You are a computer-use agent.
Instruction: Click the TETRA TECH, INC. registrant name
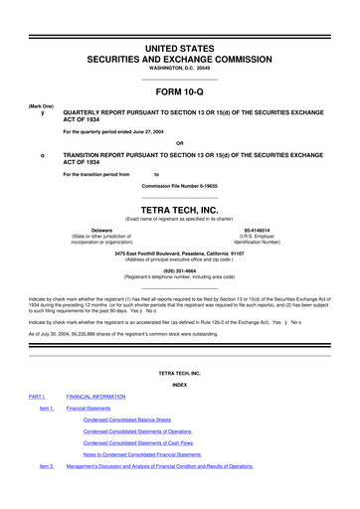pyautogui.click(x=180, y=210)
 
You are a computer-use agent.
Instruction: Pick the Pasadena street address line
pyautogui.click(x=179, y=253)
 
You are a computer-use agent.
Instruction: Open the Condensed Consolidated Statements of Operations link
pyautogui.click(x=137, y=430)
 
